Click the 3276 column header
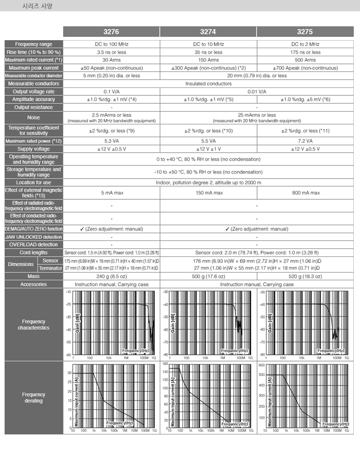(111, 32)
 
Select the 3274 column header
(208, 32)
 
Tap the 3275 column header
(305, 32)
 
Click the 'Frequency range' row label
(34, 44)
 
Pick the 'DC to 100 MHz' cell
(111, 44)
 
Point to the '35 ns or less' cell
(208, 52)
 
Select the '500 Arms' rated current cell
(305, 60)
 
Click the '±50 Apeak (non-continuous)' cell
(111, 68)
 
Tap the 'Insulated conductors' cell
(208, 84)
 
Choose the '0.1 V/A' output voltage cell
(111, 91)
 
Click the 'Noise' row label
(34, 118)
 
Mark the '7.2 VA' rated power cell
(305, 141)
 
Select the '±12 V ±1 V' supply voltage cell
(208, 149)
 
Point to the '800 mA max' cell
(305, 193)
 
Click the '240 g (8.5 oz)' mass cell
(111, 276)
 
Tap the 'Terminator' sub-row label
(50, 268)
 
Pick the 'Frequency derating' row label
(34, 398)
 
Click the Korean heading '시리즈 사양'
(37, 6)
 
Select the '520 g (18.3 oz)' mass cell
(305, 276)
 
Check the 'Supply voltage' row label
(34, 149)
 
